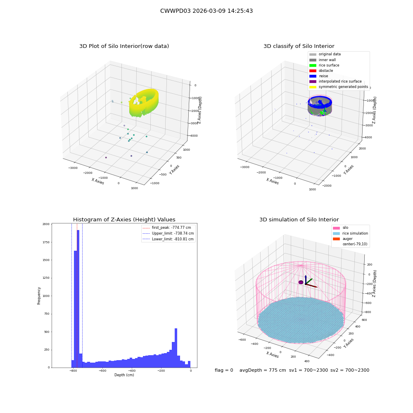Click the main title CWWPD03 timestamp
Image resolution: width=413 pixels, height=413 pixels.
pyautogui.click(x=206, y=11)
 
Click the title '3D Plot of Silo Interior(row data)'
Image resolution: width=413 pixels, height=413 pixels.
pyautogui.click(x=124, y=46)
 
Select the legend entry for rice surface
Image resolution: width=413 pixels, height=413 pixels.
pyautogui.click(x=324, y=65)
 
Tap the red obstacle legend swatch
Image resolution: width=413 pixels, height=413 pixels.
pyautogui.click(x=313, y=71)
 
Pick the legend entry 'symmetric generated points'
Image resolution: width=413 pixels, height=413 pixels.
pyautogui.click(x=339, y=87)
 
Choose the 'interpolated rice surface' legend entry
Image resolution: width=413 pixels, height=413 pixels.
pyautogui.click(x=335, y=81)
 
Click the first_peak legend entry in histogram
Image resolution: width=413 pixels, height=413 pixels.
pyautogui.click(x=167, y=228)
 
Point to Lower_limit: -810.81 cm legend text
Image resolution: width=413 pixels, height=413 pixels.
pyautogui.click(x=173, y=239)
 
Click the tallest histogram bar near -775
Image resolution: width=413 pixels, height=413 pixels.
pyautogui.click(x=78, y=299)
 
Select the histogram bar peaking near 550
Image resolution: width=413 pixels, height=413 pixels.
pyautogui.click(x=176, y=348)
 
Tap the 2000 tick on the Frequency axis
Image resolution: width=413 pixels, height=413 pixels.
pyautogui.click(x=46, y=224)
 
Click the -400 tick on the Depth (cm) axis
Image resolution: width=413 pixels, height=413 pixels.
pyautogui.click(x=132, y=370)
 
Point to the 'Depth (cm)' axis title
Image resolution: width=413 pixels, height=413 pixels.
pyautogui.click(x=124, y=375)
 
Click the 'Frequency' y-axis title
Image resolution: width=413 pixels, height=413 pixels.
pyautogui.click(x=39, y=296)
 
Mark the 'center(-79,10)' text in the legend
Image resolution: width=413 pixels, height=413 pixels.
pyautogui.click(x=355, y=244)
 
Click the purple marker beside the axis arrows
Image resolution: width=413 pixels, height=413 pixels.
pyautogui.click(x=301, y=282)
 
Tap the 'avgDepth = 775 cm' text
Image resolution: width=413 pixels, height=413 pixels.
pyautogui.click(x=263, y=370)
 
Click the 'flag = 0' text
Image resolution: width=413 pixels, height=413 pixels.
pyautogui.click(x=224, y=370)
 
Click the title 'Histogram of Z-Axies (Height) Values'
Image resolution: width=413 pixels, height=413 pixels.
pyautogui.click(x=124, y=220)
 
